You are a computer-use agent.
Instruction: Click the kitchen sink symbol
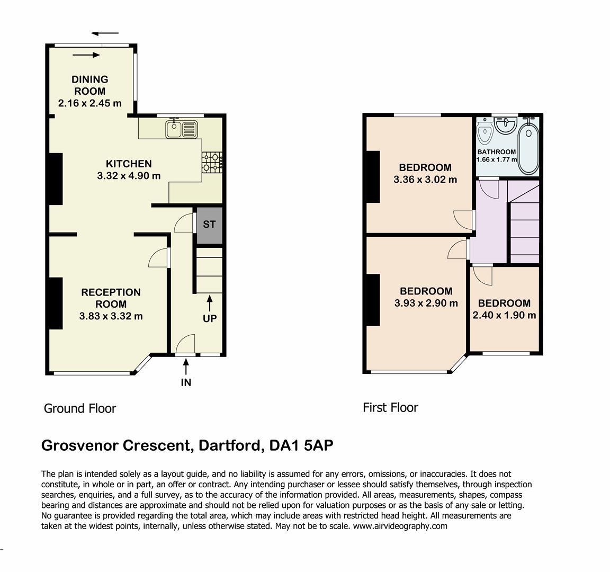pos(182,129)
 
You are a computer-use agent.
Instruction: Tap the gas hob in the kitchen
pos(212,162)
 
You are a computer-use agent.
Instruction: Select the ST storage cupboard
pos(209,226)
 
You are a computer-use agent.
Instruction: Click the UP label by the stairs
pos(210,318)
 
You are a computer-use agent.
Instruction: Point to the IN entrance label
pos(186,382)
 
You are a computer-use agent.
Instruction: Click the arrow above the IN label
pos(186,367)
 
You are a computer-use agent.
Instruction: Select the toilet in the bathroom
pos(485,131)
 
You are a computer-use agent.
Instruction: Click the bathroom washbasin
pos(506,125)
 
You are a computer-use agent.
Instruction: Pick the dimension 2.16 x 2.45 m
pos(90,103)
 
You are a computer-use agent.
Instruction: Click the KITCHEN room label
pos(129,164)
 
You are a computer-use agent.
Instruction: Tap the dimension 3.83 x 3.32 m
pos(111,316)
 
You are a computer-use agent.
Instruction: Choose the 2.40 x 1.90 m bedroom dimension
pos(504,315)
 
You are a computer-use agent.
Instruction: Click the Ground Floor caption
pos(80,408)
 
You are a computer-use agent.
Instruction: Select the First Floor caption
pos(390,407)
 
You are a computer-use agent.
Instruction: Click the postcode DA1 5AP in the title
pos(301,445)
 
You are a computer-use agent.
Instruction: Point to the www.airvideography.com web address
pos(400,526)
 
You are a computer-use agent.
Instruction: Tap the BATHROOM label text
pos(496,152)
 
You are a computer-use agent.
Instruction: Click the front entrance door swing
pos(185,344)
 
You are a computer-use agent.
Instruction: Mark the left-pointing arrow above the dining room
pos(105,33)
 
